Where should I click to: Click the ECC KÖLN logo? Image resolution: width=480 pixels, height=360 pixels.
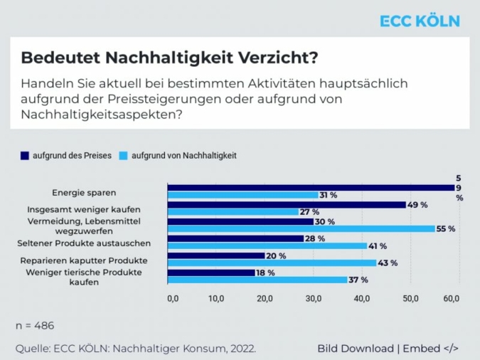[419, 21]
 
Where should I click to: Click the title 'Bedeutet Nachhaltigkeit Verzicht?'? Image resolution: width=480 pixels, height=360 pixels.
[169, 56]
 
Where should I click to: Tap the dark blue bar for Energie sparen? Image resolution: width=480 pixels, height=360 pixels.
[311, 188]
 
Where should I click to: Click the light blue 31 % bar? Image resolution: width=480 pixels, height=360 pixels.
[242, 195]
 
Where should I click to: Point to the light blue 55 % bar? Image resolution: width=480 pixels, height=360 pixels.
[301, 229]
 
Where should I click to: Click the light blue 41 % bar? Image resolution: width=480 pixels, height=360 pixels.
[267, 246]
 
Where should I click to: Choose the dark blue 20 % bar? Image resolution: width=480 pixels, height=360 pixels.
[215, 255]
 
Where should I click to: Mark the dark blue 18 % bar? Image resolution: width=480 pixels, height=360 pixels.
[210, 272]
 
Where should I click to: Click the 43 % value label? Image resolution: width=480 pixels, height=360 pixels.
[388, 263]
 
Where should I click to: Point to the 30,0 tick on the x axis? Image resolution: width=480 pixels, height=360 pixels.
[313, 298]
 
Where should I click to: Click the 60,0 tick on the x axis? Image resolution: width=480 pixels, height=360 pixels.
[452, 298]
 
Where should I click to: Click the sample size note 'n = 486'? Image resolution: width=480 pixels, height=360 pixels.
[35, 326]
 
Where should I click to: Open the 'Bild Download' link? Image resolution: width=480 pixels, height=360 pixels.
[356, 349]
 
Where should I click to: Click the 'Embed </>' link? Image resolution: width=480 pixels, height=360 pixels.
[432, 349]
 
